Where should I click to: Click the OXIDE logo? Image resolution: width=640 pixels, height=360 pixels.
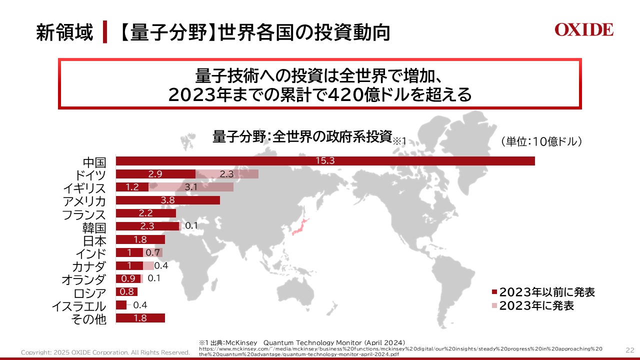coord(583,30)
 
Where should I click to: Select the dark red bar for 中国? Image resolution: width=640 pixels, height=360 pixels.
coord(325,161)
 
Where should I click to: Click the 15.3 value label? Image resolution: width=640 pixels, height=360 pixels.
coord(325,161)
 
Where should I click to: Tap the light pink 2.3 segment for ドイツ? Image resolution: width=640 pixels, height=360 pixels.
coord(226,174)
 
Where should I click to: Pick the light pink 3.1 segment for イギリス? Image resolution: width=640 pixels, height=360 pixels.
coord(191,187)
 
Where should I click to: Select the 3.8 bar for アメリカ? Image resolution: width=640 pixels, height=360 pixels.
coord(167,200)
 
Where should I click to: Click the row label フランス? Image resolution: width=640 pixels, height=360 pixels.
coord(84,215)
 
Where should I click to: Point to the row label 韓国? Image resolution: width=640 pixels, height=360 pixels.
coord(94,228)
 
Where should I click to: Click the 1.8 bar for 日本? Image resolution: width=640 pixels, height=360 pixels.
coord(140,239)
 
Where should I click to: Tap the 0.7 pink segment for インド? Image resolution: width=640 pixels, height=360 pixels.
coord(152,252)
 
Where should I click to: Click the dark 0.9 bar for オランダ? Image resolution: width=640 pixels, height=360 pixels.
coord(128,278)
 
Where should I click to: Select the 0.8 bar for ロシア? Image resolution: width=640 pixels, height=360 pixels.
coord(126,292)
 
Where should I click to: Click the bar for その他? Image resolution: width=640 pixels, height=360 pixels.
coord(140,318)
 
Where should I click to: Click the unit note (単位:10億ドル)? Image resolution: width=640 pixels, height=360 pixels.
coord(541,141)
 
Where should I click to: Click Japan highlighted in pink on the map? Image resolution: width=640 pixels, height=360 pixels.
coord(298,226)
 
